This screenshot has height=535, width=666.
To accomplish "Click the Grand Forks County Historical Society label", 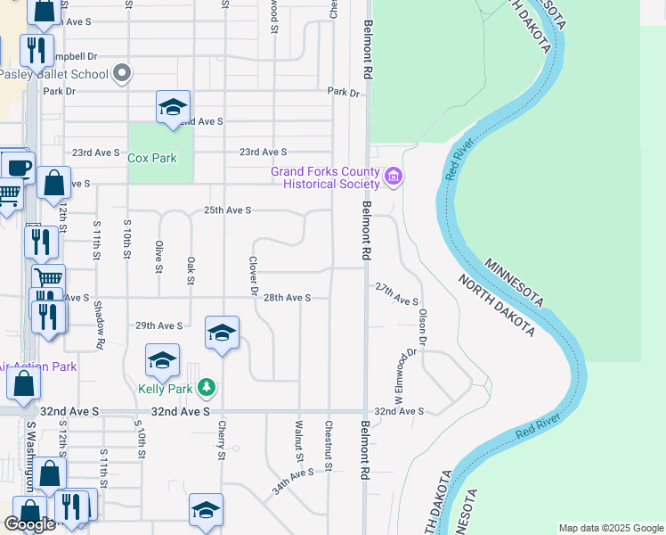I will [x=326, y=177].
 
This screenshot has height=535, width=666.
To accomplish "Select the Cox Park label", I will [x=151, y=158].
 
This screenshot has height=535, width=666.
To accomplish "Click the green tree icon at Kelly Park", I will [x=207, y=387].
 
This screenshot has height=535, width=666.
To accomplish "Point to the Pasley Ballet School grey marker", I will [x=124, y=73].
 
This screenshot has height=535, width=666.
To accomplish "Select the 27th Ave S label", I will [x=396, y=291].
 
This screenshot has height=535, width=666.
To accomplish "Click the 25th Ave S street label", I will [x=228, y=210].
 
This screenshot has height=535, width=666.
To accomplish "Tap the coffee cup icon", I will [x=17, y=166].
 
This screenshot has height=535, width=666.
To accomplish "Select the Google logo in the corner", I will [x=30, y=524].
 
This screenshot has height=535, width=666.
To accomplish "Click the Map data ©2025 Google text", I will [x=612, y=528].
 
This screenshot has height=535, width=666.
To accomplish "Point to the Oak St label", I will [x=191, y=271].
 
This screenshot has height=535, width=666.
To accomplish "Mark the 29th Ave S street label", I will [x=158, y=326].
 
